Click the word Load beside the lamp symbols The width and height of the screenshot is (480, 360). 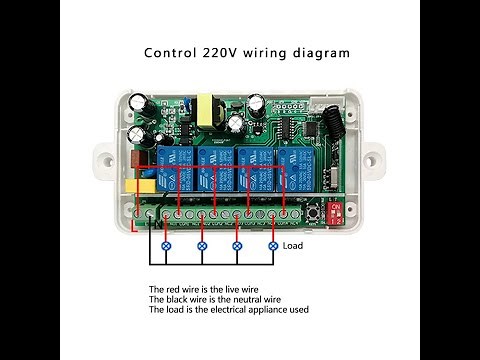[292, 245]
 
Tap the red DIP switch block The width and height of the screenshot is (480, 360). [335, 211]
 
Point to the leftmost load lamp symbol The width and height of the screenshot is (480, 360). [167, 245]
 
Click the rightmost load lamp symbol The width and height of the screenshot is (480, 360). [272, 245]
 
